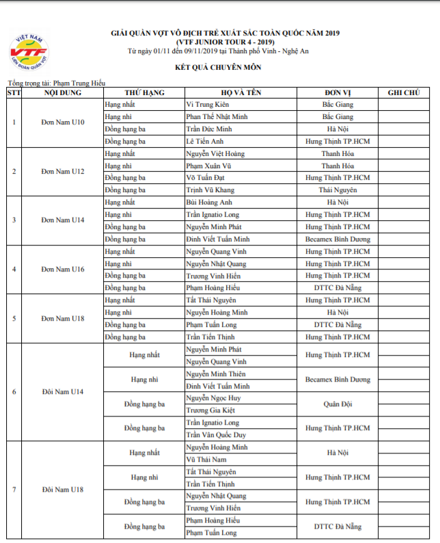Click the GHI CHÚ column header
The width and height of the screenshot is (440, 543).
403,92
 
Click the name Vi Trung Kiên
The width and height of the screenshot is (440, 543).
208,105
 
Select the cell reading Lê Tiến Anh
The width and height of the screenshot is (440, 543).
204,142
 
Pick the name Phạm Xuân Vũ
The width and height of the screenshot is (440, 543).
210,165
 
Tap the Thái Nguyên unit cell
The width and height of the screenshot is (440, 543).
338,190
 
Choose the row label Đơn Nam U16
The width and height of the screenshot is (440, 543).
62,269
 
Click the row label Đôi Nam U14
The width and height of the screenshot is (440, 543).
62,392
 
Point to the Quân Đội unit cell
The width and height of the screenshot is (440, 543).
338,404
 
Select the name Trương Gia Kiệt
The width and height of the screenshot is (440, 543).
211,410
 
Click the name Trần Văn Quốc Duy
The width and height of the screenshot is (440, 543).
216,435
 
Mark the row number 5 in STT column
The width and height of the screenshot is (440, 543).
14,319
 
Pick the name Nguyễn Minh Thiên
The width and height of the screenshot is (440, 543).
216,374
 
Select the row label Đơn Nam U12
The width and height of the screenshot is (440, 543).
62,172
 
